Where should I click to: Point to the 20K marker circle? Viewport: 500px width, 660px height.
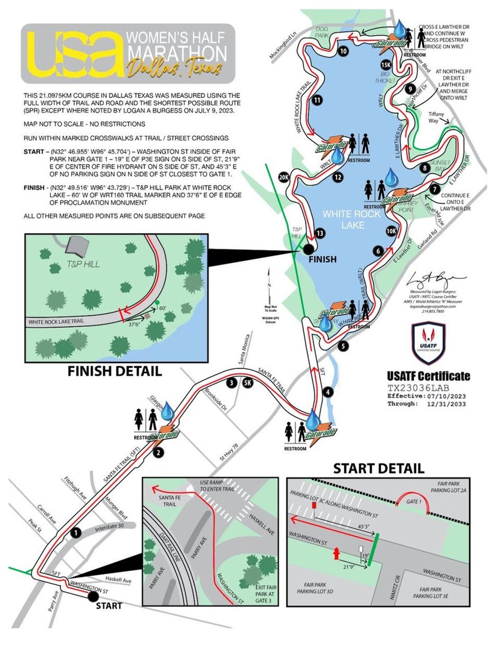[x=284, y=178]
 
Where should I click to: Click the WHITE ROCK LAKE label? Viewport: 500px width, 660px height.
[x=352, y=213]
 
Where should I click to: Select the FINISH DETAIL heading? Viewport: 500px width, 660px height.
[x=114, y=371]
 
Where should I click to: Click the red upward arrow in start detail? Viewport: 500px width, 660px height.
[x=334, y=553]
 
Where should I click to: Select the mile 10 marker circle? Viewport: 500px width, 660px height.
[x=344, y=52]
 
